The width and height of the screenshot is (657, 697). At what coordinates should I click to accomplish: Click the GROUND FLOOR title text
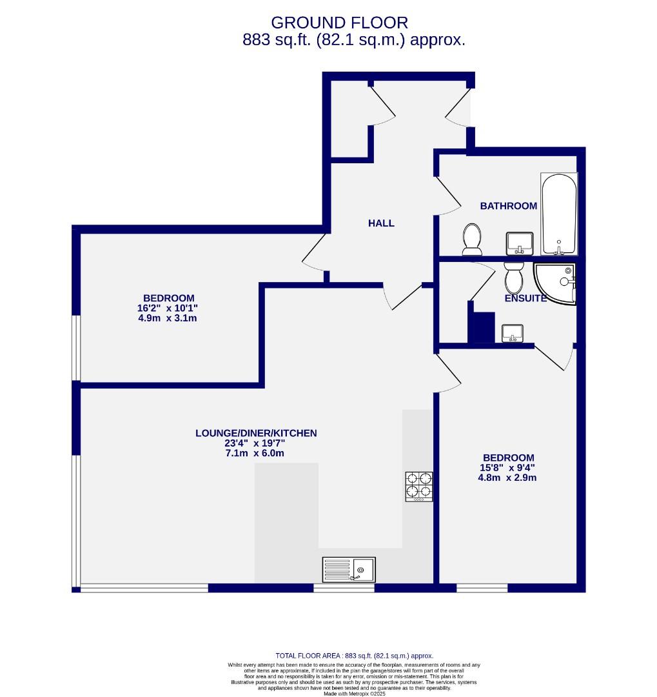339,23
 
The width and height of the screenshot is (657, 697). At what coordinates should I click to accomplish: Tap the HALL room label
381,223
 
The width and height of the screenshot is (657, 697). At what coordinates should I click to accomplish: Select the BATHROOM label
508,206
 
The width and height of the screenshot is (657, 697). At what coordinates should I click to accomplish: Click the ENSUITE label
525,298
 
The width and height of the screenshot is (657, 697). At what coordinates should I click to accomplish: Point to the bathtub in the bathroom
559,214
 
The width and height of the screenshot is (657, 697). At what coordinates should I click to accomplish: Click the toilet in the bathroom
472,239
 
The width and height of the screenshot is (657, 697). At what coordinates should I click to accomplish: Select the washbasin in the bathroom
519,243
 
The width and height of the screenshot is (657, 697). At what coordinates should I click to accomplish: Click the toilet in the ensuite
514,278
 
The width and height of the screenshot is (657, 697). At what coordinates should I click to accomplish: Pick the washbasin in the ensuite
512,333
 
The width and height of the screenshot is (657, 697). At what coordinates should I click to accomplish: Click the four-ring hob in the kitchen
419,487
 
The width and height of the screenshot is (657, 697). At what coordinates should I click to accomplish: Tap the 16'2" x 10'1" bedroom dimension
168,308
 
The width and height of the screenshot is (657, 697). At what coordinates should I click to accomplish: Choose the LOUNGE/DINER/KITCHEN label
256,433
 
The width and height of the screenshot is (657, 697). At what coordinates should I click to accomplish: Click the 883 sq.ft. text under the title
353,40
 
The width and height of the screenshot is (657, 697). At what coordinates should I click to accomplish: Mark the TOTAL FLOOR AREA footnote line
354,655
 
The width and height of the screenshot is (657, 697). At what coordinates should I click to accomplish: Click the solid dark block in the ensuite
482,327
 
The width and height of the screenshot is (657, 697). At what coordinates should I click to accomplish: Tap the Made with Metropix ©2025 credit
354,693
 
